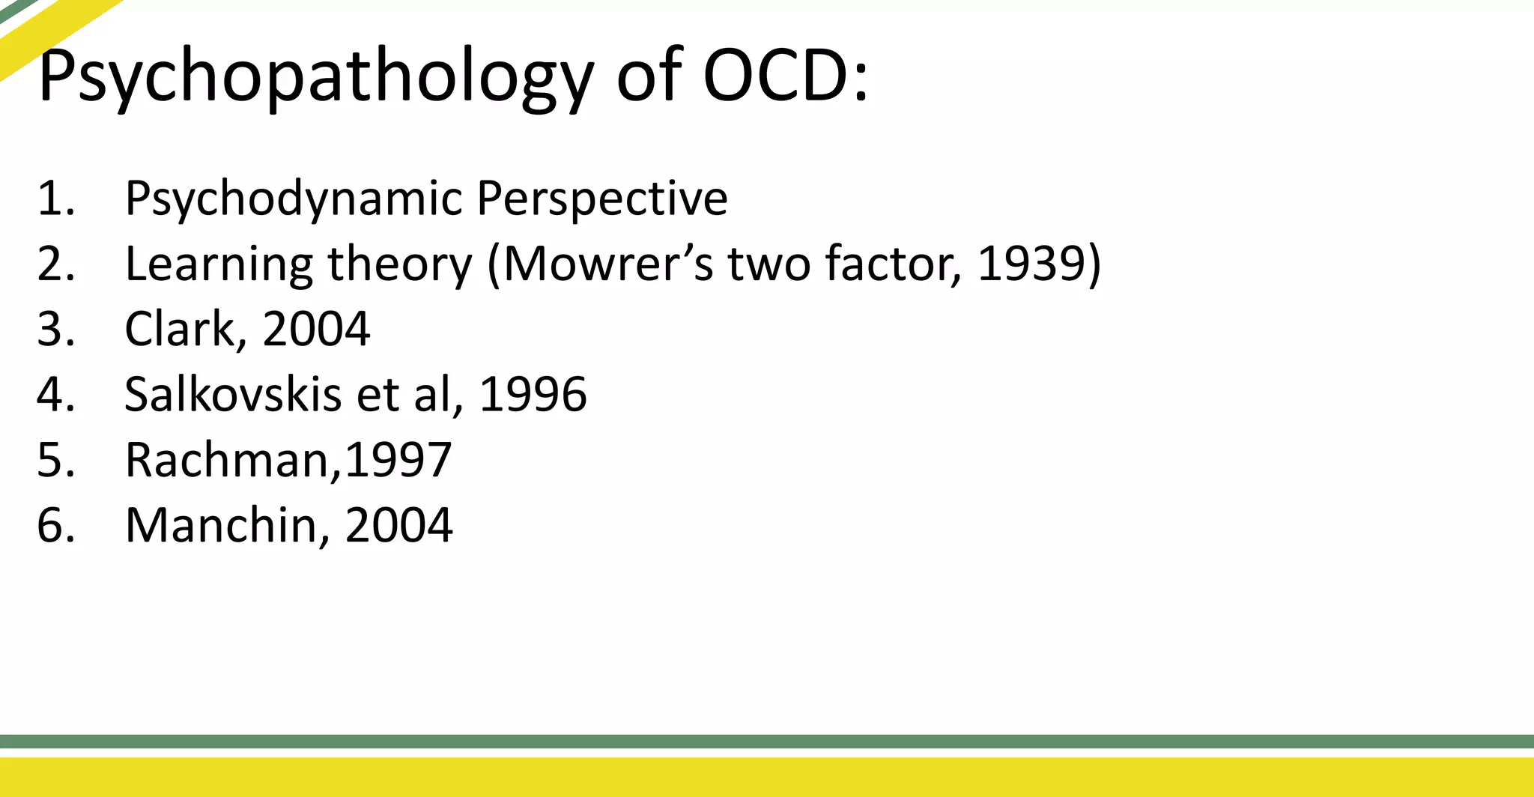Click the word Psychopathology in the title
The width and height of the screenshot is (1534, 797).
(315, 77)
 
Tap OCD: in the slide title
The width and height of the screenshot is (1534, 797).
(785, 76)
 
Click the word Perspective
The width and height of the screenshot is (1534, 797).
(601, 199)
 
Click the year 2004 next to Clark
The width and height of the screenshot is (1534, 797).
(316, 329)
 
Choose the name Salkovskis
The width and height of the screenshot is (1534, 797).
(233, 394)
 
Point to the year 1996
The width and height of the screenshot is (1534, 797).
(533, 394)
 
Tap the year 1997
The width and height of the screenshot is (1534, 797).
(398, 459)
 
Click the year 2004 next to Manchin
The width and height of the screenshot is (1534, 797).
(398, 525)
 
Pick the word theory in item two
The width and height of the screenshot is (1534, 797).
(400, 265)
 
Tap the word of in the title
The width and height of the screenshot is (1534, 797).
(649, 76)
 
